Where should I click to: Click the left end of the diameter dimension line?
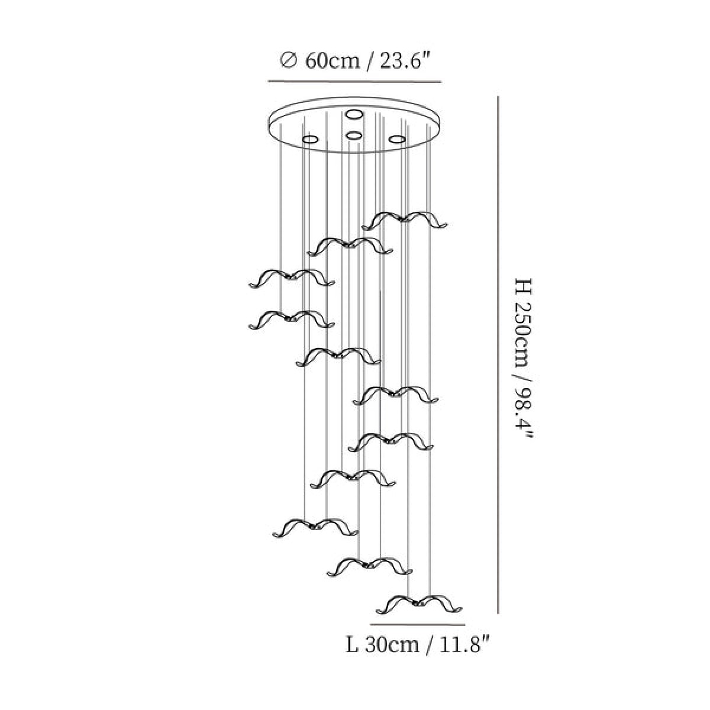tap(268, 81)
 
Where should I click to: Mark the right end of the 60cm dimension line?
tap(441, 82)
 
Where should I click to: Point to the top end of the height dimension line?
tap(498, 96)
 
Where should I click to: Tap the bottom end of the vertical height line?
tap(498, 614)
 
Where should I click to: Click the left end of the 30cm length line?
tap(370, 625)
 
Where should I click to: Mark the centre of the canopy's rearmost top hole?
tap(354, 115)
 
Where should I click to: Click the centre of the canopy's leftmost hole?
tap(310, 140)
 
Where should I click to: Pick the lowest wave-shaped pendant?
tap(419, 604)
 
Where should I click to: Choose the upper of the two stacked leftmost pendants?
tap(292, 278)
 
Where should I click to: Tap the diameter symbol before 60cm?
tap(288, 61)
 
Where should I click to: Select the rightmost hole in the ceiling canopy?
tap(398, 139)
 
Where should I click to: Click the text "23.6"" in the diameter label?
tap(405, 60)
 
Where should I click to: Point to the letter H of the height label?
tap(524, 286)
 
